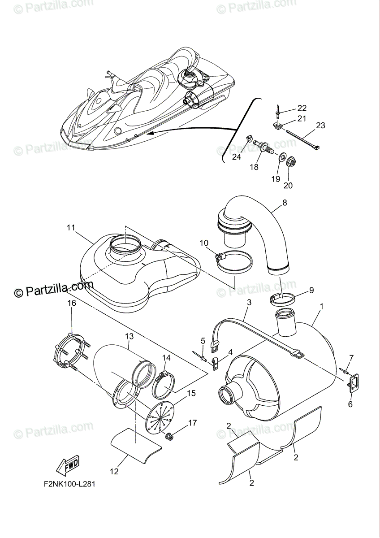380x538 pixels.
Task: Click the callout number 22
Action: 302,108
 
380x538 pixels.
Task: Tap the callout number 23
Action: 320,126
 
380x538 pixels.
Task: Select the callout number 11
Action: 71,227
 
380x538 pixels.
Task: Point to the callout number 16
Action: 72,303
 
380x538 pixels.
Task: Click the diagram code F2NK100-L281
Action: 69,483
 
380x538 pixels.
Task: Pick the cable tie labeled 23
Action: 304,139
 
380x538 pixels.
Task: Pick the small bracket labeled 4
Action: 216,364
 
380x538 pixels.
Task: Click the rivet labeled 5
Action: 199,356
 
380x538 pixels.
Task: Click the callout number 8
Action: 285,203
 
